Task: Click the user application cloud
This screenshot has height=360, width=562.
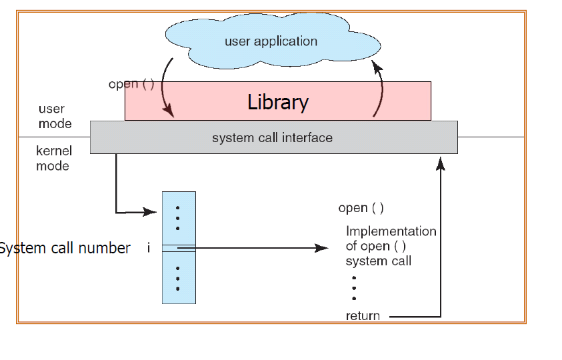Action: [x=270, y=41]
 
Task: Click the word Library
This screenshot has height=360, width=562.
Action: [x=278, y=102]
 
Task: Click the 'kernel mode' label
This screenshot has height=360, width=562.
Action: [x=53, y=158]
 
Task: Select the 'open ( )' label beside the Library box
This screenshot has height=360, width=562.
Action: [x=131, y=85]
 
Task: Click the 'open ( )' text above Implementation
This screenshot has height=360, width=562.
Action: [x=361, y=208]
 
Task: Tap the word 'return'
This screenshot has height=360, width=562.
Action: [x=363, y=316]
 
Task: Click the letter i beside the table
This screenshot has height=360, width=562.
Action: [x=149, y=248]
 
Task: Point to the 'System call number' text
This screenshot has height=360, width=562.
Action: [x=65, y=248]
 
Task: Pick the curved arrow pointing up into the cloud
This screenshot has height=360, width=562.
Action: [x=381, y=90]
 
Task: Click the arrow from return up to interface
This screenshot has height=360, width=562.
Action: [x=440, y=233]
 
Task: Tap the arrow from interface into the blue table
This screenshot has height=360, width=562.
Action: [x=117, y=193]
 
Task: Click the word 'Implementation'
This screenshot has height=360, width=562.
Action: [x=391, y=231]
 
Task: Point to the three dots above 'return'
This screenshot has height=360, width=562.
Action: [x=354, y=288]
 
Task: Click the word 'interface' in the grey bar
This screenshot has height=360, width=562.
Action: [x=309, y=138]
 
